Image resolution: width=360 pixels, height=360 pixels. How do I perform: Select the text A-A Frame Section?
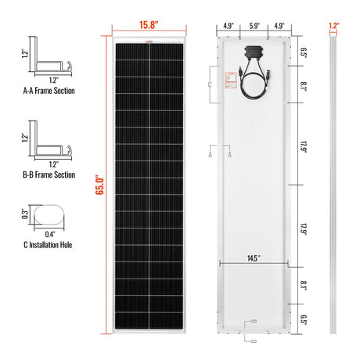49,91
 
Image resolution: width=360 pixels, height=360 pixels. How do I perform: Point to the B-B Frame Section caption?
49,175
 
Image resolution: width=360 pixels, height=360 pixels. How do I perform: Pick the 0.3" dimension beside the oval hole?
26,213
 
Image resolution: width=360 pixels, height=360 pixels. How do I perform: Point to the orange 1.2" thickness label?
334,24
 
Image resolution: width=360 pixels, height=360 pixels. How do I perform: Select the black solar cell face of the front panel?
149,188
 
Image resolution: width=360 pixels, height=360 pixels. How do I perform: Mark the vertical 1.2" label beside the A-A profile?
24,55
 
